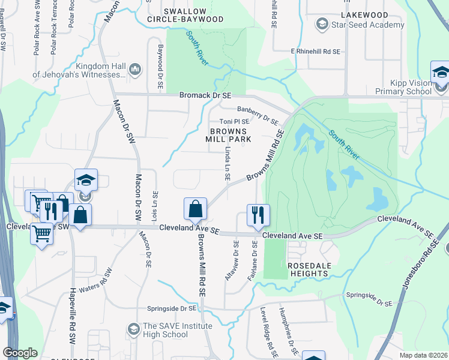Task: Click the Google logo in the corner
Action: [x=20, y=353]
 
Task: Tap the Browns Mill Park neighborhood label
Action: [x=238, y=135]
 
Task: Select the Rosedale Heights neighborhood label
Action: [x=308, y=269]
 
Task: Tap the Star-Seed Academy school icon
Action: [x=322, y=25]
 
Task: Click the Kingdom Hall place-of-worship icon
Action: [x=134, y=70]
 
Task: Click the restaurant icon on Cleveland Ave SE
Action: [x=258, y=215]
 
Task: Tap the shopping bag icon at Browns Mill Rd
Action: [x=195, y=210]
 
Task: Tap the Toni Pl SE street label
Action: [x=242, y=122]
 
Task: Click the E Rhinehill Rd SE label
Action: [x=315, y=52]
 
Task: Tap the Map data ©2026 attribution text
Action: [x=424, y=355]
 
